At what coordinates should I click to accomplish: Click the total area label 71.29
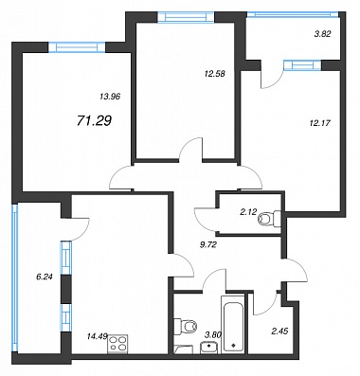pyautogui.click(x=94, y=120)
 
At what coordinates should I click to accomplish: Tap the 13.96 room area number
pyautogui.click(x=111, y=97)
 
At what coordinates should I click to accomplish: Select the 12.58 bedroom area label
pyautogui.click(x=215, y=74)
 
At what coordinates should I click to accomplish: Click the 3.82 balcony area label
pyautogui.click(x=322, y=34)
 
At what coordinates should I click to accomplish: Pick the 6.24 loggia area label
pyautogui.click(x=45, y=277)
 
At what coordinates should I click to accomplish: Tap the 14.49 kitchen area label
pyautogui.click(x=97, y=336)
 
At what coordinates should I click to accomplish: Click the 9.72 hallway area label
pyautogui.click(x=207, y=244)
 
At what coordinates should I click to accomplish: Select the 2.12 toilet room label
pyautogui.click(x=248, y=212)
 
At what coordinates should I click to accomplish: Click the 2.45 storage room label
pyautogui.click(x=279, y=331)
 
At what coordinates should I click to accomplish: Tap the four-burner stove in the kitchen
pyautogui.click(x=117, y=344)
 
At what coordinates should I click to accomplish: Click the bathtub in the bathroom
pyautogui.click(x=233, y=324)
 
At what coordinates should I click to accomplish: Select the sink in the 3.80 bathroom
pyautogui.click(x=208, y=347)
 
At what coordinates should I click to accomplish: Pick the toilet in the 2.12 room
pyautogui.click(x=269, y=218)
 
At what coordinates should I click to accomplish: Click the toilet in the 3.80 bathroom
pyautogui.click(x=186, y=325)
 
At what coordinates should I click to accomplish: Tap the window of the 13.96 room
pyautogui.click(x=77, y=47)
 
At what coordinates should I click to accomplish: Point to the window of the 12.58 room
pyautogui.click(x=186, y=17)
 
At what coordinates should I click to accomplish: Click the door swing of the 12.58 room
pyautogui.click(x=190, y=148)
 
